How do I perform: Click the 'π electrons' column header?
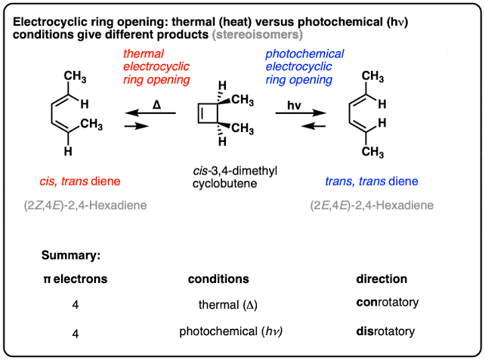point(75,279)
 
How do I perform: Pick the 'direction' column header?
point(381,279)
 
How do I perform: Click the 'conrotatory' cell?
point(386,304)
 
